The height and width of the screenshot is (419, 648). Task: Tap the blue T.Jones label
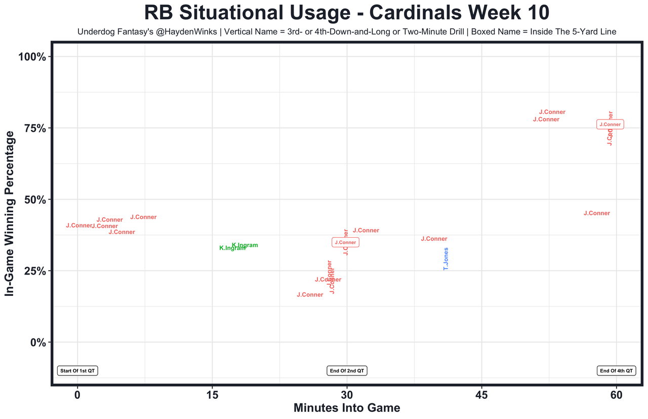(446, 259)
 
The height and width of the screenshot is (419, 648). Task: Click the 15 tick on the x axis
(212, 395)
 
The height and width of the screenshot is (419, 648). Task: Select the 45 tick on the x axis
(481, 395)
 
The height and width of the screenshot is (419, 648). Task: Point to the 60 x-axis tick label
(616, 395)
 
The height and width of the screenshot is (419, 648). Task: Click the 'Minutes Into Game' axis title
(347, 408)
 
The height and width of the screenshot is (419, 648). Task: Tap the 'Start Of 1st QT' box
(77, 371)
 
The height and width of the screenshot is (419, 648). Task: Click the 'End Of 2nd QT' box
(347, 371)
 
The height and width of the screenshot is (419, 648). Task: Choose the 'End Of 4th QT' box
(616, 371)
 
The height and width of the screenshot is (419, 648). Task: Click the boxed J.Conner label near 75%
(610, 125)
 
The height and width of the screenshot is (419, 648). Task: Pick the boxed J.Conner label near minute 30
(345, 243)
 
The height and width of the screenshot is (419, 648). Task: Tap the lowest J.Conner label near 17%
(310, 295)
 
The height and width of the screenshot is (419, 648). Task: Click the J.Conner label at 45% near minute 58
(597, 213)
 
